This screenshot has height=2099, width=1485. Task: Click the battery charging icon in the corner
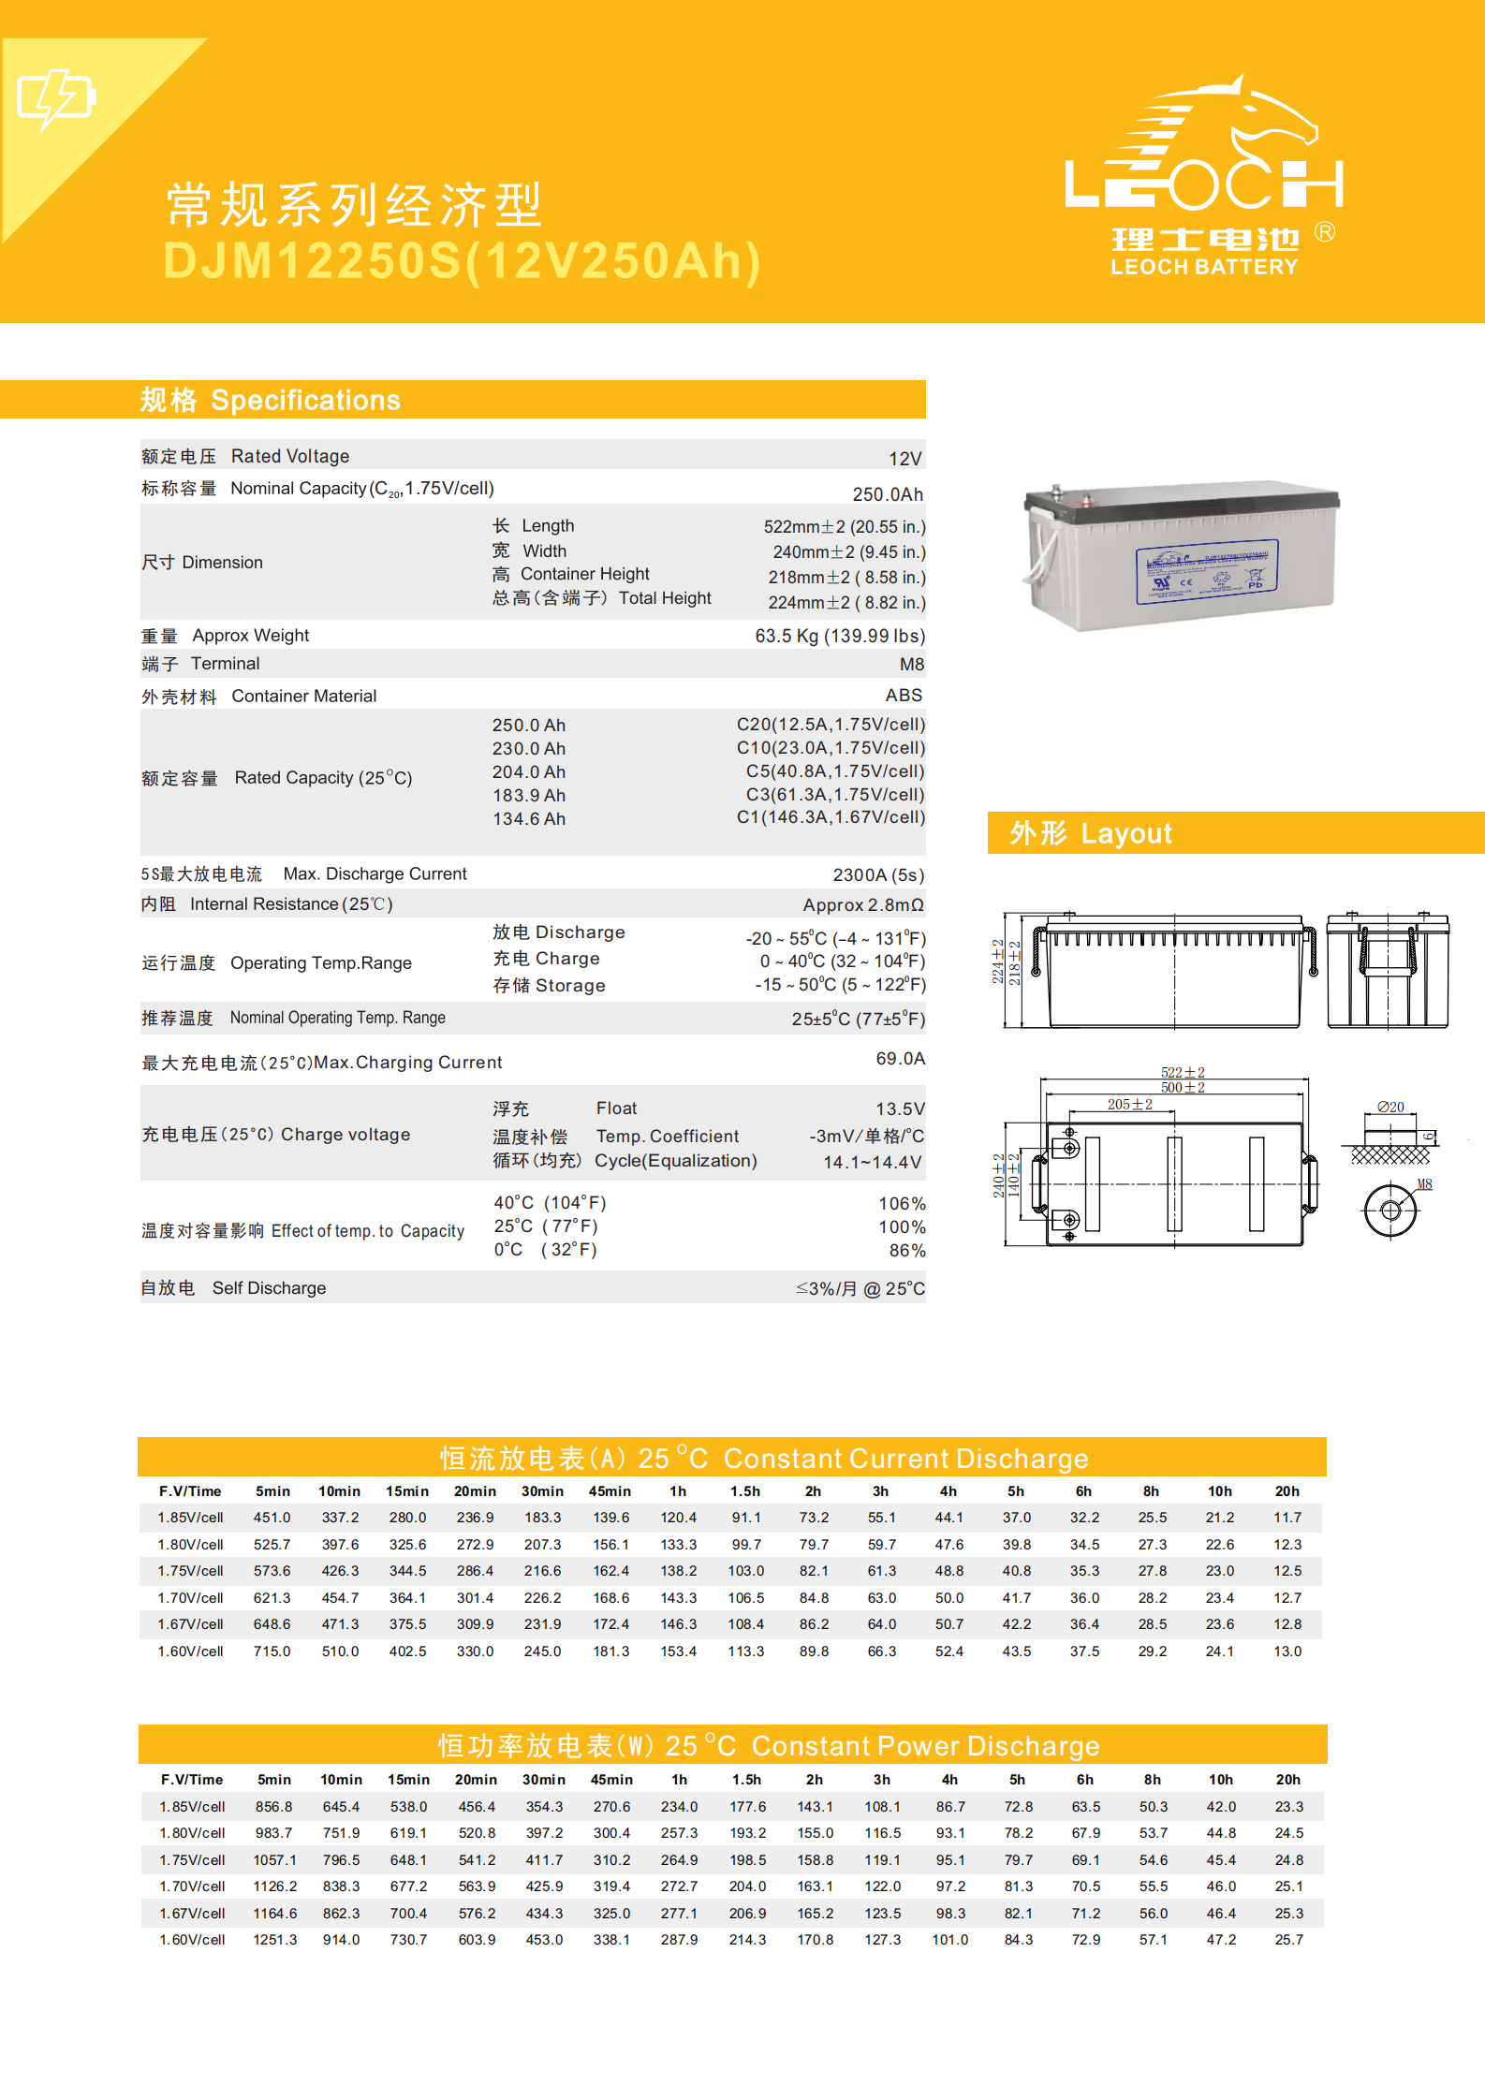point(56,98)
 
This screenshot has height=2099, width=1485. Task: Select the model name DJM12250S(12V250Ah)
point(463,261)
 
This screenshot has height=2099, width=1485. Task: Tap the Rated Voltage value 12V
point(904,459)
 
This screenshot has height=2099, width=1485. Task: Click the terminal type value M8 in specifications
point(911,665)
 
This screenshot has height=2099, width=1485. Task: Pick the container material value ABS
point(904,696)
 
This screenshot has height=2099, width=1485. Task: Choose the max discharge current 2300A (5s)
point(877,875)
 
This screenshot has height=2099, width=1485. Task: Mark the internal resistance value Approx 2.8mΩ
point(862,905)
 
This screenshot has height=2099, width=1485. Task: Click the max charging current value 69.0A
point(900,1059)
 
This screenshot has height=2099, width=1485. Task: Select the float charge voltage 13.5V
point(899,1109)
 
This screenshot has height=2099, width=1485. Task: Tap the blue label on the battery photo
point(1207,571)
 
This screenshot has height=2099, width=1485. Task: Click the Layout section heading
point(1091,833)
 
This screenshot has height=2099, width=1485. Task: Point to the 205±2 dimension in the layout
point(1129,1105)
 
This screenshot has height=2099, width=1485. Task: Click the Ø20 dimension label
point(1390,1108)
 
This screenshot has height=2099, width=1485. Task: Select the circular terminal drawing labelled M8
point(1390,1211)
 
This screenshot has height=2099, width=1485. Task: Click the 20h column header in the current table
point(1287,1491)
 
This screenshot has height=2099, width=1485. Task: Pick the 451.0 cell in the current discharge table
point(272,1518)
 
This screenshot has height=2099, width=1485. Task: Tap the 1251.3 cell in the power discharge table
point(274,1940)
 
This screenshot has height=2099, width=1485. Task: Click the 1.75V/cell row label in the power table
point(192,1860)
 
